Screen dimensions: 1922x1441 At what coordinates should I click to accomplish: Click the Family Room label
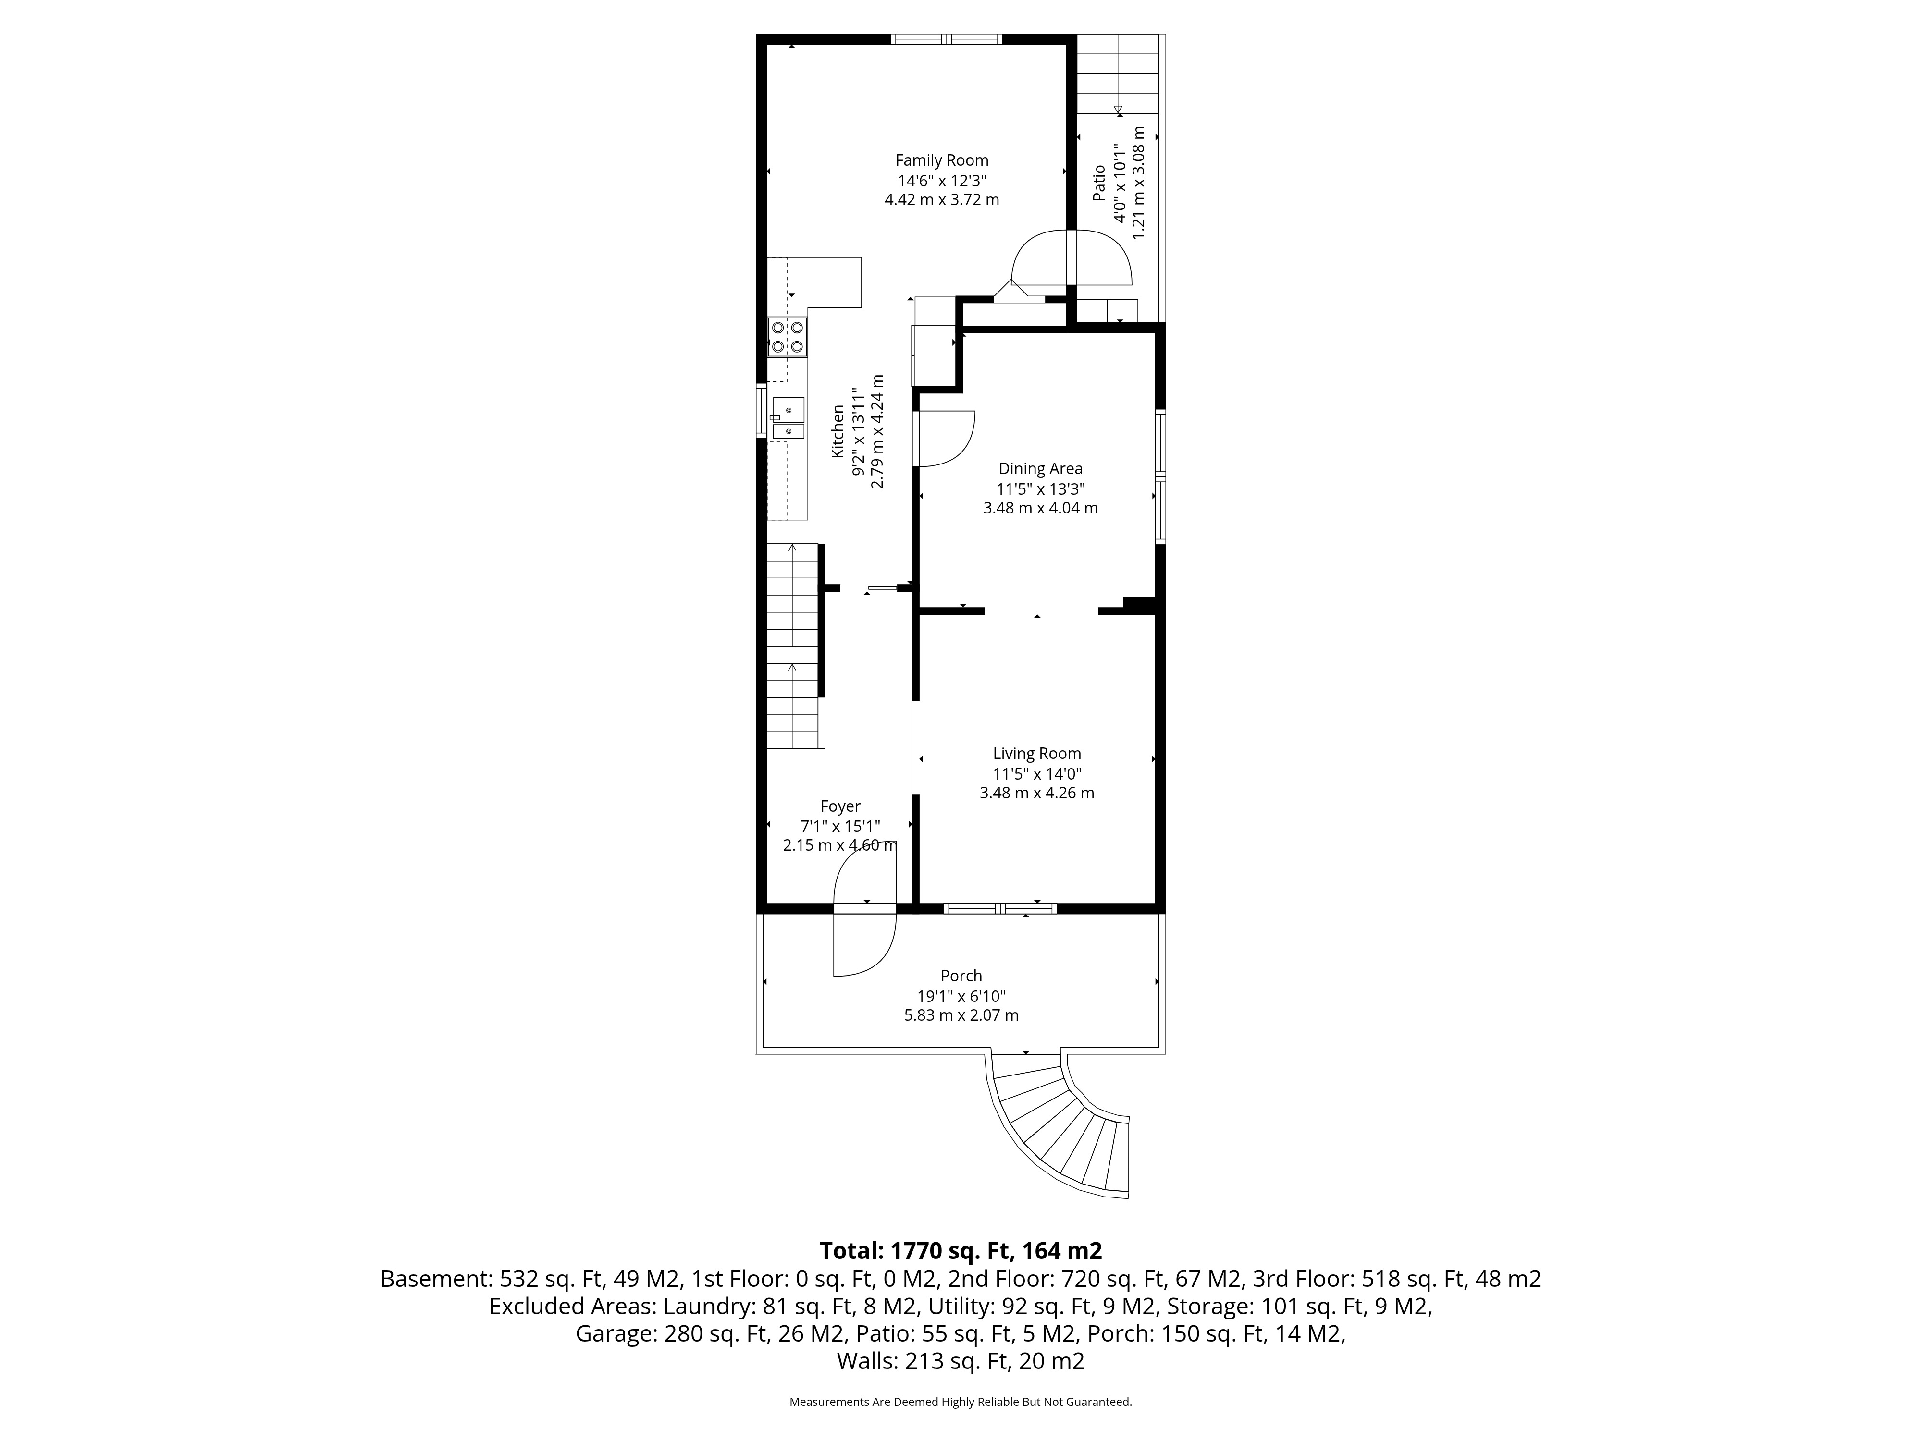pos(942,161)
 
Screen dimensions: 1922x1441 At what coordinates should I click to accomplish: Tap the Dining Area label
pos(1040,469)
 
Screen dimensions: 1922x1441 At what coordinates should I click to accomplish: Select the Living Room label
pos(1036,754)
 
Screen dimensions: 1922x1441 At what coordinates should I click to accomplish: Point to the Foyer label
pos(840,807)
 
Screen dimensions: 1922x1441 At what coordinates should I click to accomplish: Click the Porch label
pos(961,977)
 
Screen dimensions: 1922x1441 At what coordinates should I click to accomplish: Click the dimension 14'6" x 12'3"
pos(942,181)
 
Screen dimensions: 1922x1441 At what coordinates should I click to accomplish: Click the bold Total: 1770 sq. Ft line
pos(961,1251)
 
